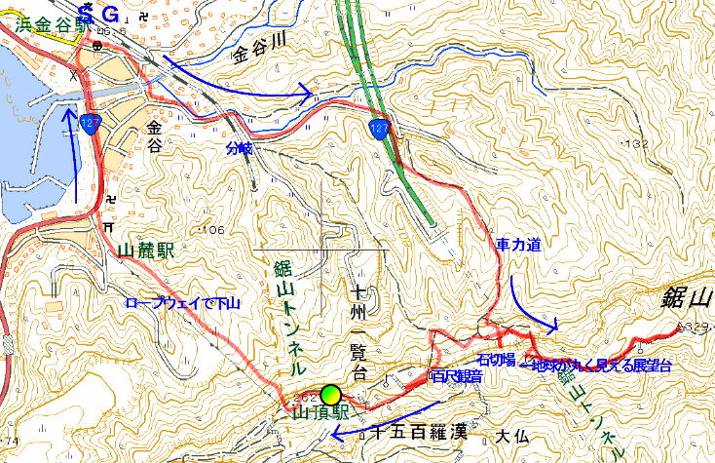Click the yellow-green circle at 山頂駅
tap(332, 395)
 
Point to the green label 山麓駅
tap(145, 250)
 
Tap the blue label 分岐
tap(238, 149)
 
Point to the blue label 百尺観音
tap(455, 376)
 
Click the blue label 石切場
tap(496, 364)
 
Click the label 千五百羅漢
tap(404, 434)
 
